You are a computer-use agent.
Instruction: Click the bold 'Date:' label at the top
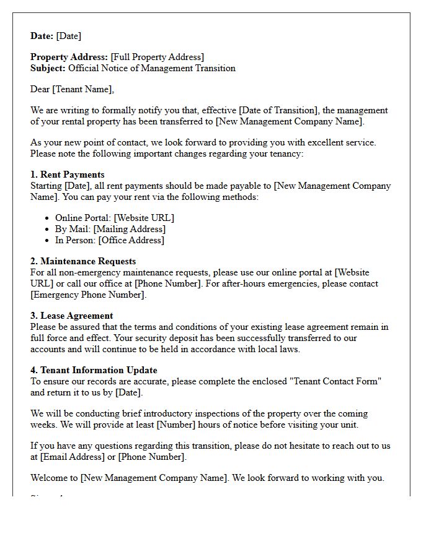(42, 36)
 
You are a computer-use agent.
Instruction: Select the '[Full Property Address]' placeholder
(157, 57)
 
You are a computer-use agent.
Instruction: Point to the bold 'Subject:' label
(48, 68)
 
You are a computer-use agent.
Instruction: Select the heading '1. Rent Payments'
(68, 175)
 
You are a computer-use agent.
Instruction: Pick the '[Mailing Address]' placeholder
(130, 229)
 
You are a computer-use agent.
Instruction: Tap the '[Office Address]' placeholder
(131, 240)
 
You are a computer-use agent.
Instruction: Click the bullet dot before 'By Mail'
(48, 230)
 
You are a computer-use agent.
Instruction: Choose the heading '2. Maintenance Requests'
(83, 261)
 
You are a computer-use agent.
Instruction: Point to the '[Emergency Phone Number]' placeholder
(89, 295)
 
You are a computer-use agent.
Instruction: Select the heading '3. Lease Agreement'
(72, 316)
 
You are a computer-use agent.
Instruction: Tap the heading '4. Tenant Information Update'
(94, 370)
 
